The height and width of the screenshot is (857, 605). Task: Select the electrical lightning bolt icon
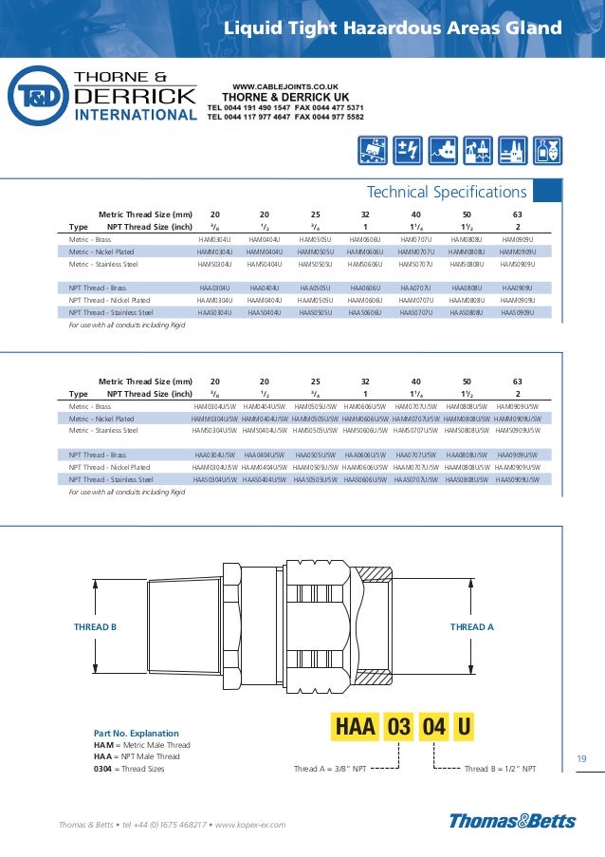409,149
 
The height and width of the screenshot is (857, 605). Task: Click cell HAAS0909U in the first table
518,311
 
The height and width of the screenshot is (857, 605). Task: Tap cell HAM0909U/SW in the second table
517,406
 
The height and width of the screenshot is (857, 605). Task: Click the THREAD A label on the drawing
471,627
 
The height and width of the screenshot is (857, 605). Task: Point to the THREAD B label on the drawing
95,627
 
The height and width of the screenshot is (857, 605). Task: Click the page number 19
582,758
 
